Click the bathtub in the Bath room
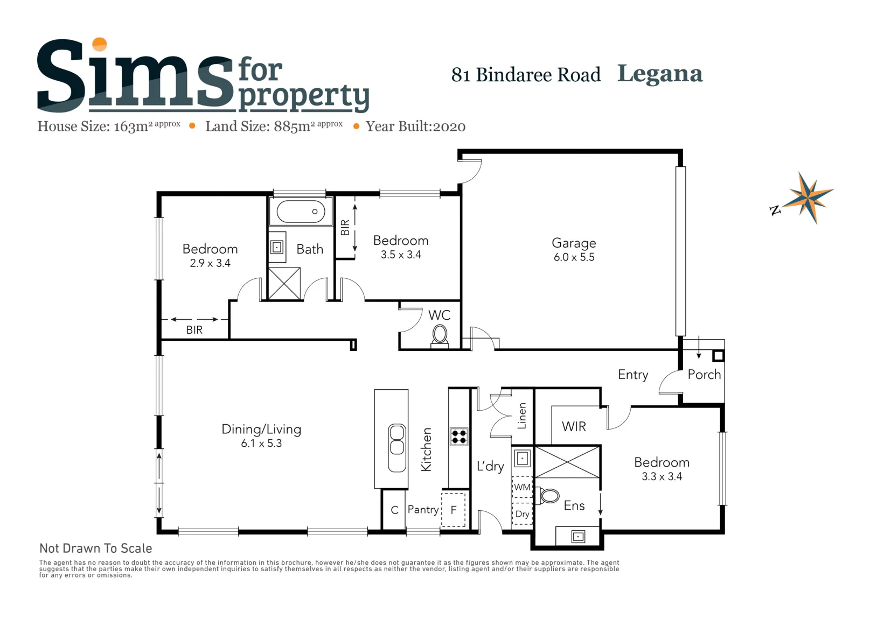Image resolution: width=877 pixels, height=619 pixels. coord(301,212)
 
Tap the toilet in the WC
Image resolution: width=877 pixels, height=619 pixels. coord(440,336)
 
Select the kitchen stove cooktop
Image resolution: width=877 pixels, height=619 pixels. coord(459,437)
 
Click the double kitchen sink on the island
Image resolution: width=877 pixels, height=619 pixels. coord(396,448)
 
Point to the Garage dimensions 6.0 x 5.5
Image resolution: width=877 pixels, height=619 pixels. coord(574,257)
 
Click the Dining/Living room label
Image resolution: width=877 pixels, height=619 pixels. coord(261,429)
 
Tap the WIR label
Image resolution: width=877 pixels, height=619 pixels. coord(574,426)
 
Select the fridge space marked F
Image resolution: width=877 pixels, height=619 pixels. coord(454,509)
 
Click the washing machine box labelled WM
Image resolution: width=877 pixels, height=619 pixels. coord(523,487)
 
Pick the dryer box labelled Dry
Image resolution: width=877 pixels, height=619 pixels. coord(523,514)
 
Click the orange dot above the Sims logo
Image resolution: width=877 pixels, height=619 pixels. coord(100,44)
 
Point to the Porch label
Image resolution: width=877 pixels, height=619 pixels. coord(704,375)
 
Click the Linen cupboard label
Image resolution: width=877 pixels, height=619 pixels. coord(521,416)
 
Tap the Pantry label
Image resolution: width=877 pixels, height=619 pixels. coord(423,509)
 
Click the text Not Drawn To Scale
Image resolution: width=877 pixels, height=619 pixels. coord(95,548)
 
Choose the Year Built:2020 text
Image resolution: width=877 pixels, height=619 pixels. coord(415,126)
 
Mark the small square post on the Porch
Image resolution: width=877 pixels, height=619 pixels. coord(718,356)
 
